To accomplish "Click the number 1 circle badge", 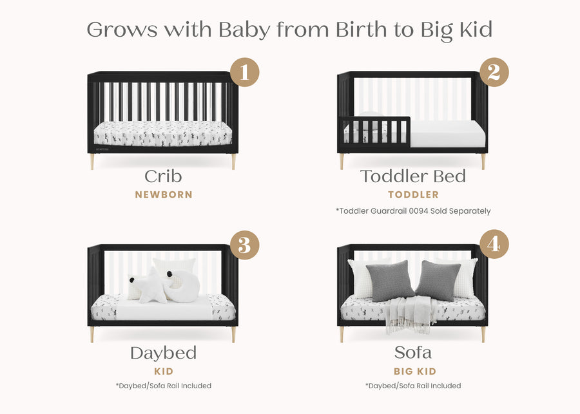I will tap(244, 71).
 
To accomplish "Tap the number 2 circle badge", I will tap(494, 71).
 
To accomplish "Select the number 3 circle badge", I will tap(244, 245).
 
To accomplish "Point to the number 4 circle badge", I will tap(494, 245).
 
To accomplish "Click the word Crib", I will tap(163, 176).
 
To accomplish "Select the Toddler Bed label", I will tap(413, 176).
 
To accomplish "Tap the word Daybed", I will tap(163, 353).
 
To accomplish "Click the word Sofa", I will tap(413, 353).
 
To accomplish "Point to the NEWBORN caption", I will tap(163, 194).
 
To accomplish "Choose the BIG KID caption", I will tap(414, 372).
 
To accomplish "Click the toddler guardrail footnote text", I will tap(413, 211).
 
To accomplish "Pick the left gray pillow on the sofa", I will tap(390, 281).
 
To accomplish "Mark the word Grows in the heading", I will tap(122, 30).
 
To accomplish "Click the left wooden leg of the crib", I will tap(92, 162).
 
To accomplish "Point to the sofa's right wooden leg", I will tap(483, 334).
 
